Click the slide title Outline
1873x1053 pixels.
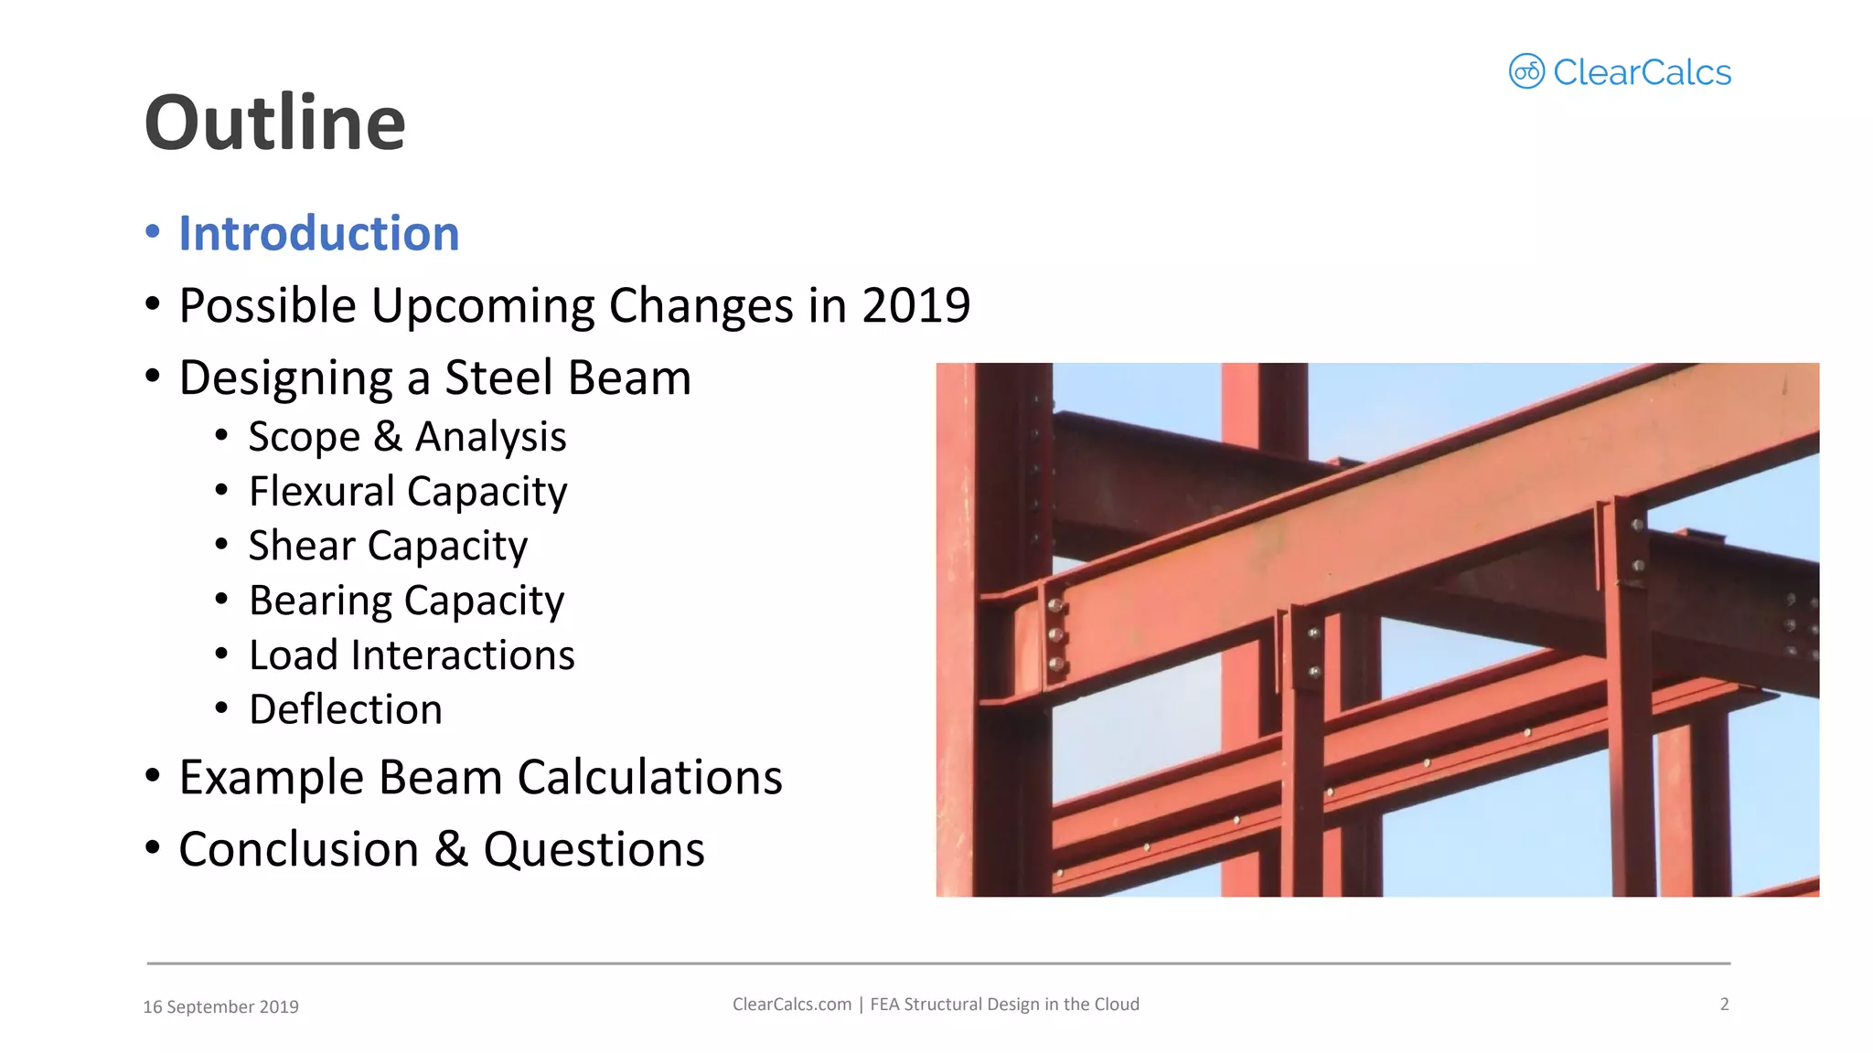tap(274, 123)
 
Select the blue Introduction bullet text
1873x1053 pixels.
tap(318, 233)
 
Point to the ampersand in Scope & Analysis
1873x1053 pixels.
tap(388, 437)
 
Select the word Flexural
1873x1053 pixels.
tap(321, 492)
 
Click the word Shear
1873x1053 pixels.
tap(301, 546)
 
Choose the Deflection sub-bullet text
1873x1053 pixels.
tap(346, 709)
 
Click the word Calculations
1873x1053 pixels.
tap(649, 777)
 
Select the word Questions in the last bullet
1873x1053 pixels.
tap(594, 849)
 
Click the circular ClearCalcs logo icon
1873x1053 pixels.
tap(1525, 71)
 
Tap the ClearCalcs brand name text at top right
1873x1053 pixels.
tap(1642, 72)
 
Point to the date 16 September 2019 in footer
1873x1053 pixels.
tap(220, 1006)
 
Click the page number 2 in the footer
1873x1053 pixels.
tap(1724, 1004)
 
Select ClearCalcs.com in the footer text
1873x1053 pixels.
tap(791, 1004)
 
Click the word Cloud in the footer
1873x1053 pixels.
tap(1117, 1004)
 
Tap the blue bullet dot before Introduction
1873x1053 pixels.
tap(153, 231)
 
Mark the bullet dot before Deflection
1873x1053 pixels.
tap(221, 707)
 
